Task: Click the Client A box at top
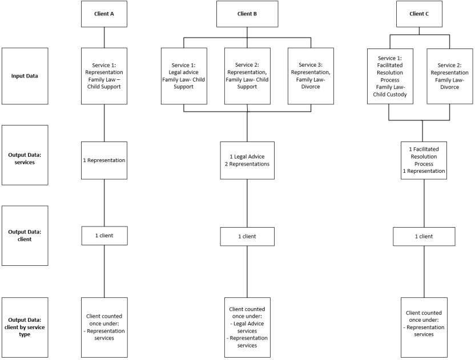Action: (104, 14)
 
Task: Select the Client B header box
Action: (247, 14)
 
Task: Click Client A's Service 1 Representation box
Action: (104, 76)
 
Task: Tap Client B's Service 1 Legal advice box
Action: (184, 76)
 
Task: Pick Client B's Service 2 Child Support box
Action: (247, 76)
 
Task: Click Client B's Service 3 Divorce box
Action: (311, 76)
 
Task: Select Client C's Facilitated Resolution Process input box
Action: (389, 76)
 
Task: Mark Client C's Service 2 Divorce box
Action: (450, 76)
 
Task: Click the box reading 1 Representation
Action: (104, 160)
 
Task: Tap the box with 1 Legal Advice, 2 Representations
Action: (247, 160)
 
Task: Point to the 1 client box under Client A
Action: (104, 235)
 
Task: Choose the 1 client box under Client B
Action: (247, 236)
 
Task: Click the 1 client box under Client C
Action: (424, 236)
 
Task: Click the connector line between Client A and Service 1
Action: (104, 37)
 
